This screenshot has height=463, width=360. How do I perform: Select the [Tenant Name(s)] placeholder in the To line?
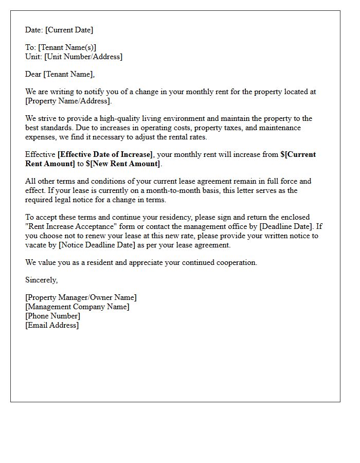pos(67,47)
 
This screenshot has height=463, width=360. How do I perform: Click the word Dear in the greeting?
pos(33,74)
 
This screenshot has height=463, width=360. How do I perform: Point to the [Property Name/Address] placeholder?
pos(68,101)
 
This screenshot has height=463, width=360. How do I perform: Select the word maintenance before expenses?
pos(280,128)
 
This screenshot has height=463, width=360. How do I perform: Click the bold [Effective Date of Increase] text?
pos(105,154)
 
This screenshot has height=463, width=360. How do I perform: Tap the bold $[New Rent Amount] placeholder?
pos(123,164)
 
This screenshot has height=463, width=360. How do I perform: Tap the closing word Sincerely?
pos(41,280)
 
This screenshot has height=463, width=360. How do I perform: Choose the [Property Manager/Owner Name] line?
pos(81,297)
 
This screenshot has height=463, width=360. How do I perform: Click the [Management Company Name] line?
pos(77,307)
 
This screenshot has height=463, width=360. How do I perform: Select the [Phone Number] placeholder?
pos(52,316)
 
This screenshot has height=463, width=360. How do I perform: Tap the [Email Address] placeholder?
pos(52,325)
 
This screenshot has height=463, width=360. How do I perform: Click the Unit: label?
pos(33,57)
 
